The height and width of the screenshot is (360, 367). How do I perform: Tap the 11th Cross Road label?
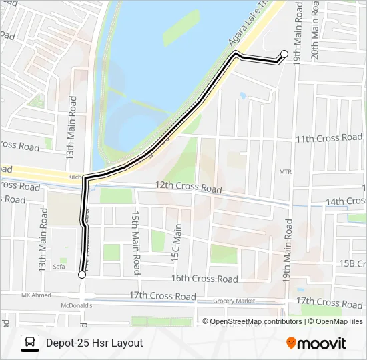pyautogui.click(x=329, y=138)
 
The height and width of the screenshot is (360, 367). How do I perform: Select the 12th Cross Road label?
pyautogui.click(x=188, y=187)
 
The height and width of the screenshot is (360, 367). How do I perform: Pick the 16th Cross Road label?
pyautogui.click(x=205, y=279)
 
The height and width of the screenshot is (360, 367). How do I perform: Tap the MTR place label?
pyautogui.click(x=286, y=172)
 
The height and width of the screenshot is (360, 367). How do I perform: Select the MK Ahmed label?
pyautogui.click(x=36, y=295)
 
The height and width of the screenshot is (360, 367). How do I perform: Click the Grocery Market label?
pyautogui.click(x=236, y=301)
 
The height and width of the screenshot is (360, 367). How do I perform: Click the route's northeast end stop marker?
pyautogui.click(x=284, y=54)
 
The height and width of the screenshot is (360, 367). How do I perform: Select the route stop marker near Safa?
pyautogui.click(x=82, y=274)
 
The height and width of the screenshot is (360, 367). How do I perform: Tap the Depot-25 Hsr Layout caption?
pyautogui.click(x=95, y=343)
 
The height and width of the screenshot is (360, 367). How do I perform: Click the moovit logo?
pyautogui.click(x=316, y=343)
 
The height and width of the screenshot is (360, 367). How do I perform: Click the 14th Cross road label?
pyautogui.click(x=346, y=201)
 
